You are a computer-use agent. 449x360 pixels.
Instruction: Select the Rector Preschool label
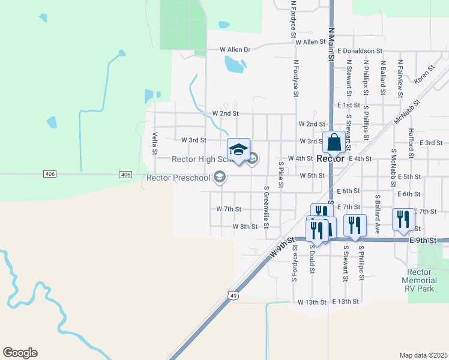click(179, 177)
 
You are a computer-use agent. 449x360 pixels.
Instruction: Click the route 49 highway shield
click(232, 295)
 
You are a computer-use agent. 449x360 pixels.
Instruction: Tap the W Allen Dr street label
click(234, 49)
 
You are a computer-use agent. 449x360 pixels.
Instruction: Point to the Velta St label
click(154, 143)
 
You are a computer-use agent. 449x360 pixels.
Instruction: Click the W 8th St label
click(245, 227)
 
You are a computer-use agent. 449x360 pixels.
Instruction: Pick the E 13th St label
click(345, 301)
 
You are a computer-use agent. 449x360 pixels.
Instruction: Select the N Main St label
click(331, 42)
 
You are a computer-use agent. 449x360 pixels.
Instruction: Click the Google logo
click(20, 353)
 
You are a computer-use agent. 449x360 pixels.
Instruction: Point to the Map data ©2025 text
click(423, 355)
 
